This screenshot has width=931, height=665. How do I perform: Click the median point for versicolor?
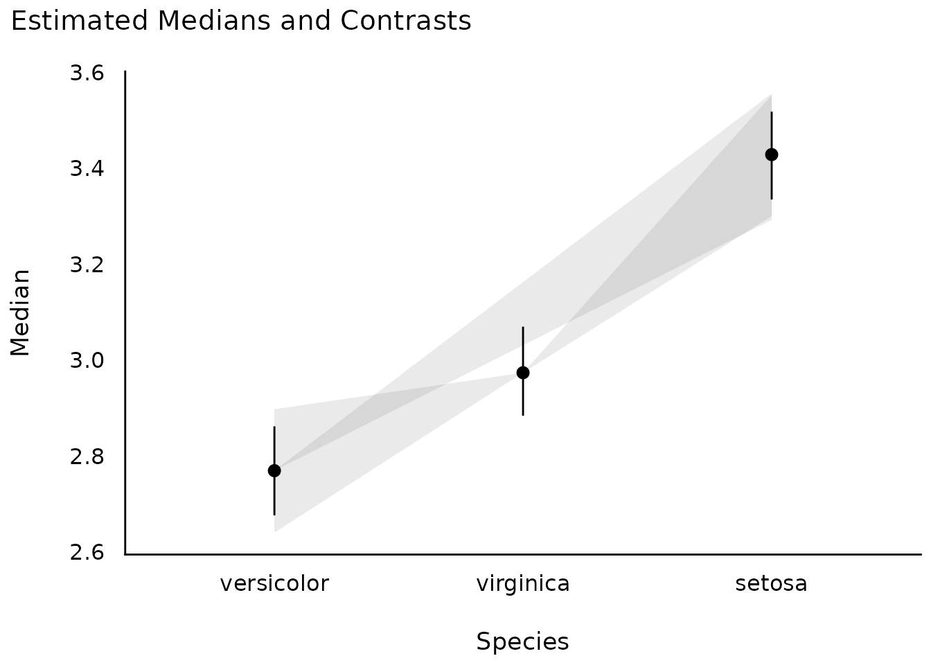[274, 470]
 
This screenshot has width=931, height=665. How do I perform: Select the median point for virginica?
[523, 373]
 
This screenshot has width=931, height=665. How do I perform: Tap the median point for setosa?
[772, 154]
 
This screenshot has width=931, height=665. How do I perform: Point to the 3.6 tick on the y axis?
[87, 73]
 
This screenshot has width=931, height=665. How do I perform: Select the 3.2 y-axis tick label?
[87, 265]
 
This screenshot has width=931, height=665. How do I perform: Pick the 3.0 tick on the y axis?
[87, 360]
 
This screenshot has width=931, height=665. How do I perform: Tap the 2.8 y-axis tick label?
[87, 456]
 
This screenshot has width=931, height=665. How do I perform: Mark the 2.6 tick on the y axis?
[87, 553]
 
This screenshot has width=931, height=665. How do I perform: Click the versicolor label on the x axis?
[274, 584]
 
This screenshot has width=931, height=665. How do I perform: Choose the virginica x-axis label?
[523, 584]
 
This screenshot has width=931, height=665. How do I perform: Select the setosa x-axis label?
[772, 584]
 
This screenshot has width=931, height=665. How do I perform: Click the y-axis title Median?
[21, 312]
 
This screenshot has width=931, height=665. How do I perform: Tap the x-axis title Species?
[523, 642]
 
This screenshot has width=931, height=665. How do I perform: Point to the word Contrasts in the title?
[405, 21]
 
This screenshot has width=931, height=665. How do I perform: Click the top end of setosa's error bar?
[772, 112]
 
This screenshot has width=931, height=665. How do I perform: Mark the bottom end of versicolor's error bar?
[274, 514]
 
